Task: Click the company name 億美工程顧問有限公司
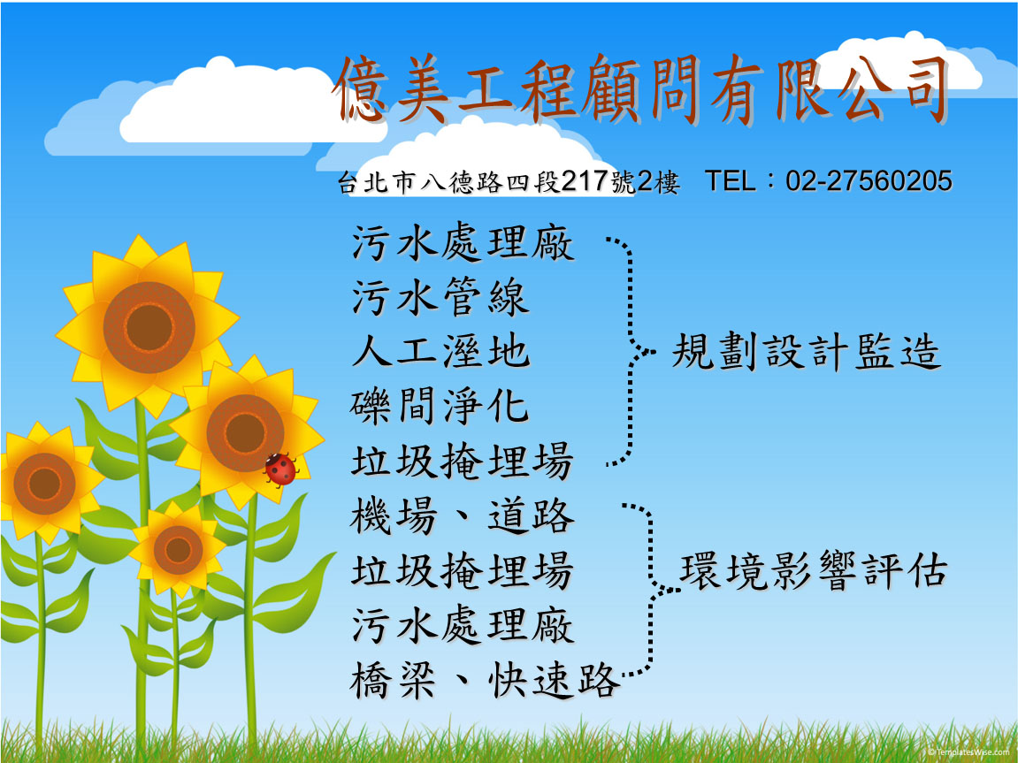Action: [x=641, y=89]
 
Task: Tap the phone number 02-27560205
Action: [x=869, y=181]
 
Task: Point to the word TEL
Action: [x=730, y=181]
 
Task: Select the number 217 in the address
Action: [x=585, y=181]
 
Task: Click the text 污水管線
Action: [x=440, y=298]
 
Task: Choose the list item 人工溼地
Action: [x=440, y=352]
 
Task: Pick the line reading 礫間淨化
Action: [x=440, y=407]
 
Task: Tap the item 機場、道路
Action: [x=463, y=516]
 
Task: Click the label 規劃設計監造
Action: [x=806, y=352]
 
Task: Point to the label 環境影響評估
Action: [x=814, y=570]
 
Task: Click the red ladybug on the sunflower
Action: [x=280, y=469]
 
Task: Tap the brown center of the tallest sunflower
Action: [x=149, y=327]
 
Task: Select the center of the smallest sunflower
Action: [x=178, y=550]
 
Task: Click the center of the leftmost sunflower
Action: [x=44, y=484]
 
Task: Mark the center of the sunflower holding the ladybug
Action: [x=245, y=432]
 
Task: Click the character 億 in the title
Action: [x=360, y=89]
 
